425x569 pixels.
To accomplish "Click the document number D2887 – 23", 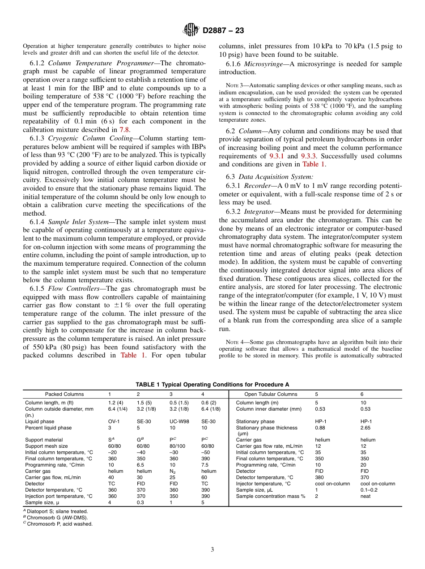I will pos(223,31).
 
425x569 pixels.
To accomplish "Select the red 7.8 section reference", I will pos(124,130).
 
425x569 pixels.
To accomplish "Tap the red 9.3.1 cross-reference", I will pos(276,156).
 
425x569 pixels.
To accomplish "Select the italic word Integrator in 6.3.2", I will pos(260,211).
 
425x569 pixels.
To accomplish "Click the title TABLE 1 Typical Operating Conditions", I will pos(212,384).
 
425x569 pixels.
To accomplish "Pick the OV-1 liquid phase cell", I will pos(113,421).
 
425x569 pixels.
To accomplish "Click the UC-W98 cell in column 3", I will pos(178,421).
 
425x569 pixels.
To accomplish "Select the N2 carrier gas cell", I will pos(173,471).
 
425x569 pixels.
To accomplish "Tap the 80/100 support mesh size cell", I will pos(177,446).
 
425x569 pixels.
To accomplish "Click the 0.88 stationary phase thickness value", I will pos(320,428).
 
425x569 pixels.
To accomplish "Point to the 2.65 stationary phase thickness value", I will pos(365,428).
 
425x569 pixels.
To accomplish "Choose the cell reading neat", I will pos(365,496).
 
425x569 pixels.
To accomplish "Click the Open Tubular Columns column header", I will pos(271,394).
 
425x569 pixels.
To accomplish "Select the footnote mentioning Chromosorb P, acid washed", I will pos(59,524).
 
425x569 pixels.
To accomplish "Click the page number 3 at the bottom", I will pos(212,550).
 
